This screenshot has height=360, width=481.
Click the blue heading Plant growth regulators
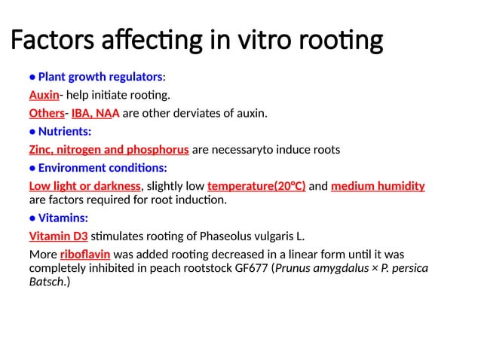(x=100, y=77)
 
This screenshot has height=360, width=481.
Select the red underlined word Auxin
(x=44, y=95)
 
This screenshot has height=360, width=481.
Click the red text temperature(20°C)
(x=256, y=185)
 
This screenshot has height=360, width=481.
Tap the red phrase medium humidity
(x=378, y=185)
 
